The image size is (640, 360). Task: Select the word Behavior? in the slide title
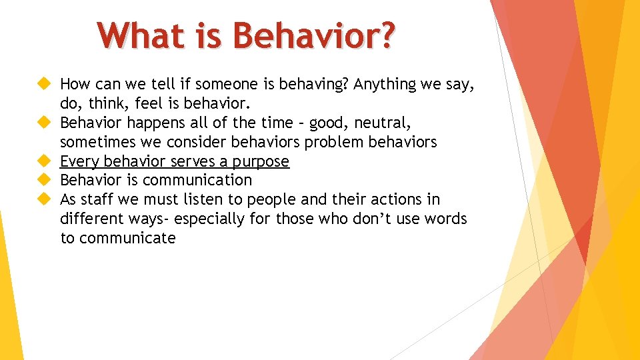click(313, 36)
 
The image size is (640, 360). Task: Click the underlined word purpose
click(261, 161)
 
